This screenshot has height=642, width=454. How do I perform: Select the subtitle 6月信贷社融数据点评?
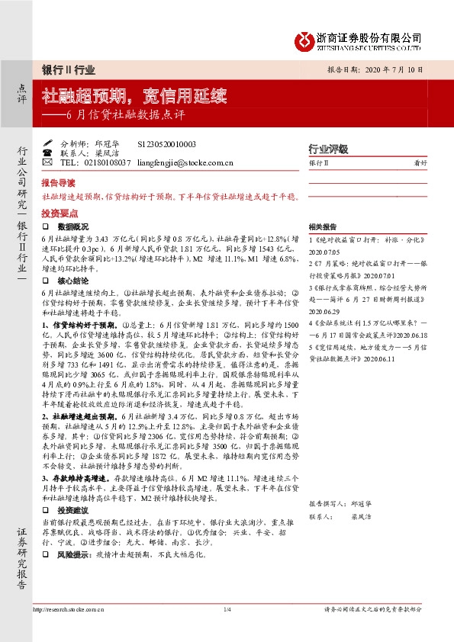tap(126, 116)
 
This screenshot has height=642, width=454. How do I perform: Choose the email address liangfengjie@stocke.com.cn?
tap(188, 162)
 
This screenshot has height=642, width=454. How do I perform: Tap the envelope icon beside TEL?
tap(47, 162)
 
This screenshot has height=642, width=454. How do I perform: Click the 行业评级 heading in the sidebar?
tap(327, 149)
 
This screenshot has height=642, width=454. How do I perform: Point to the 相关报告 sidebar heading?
tap(324, 228)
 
